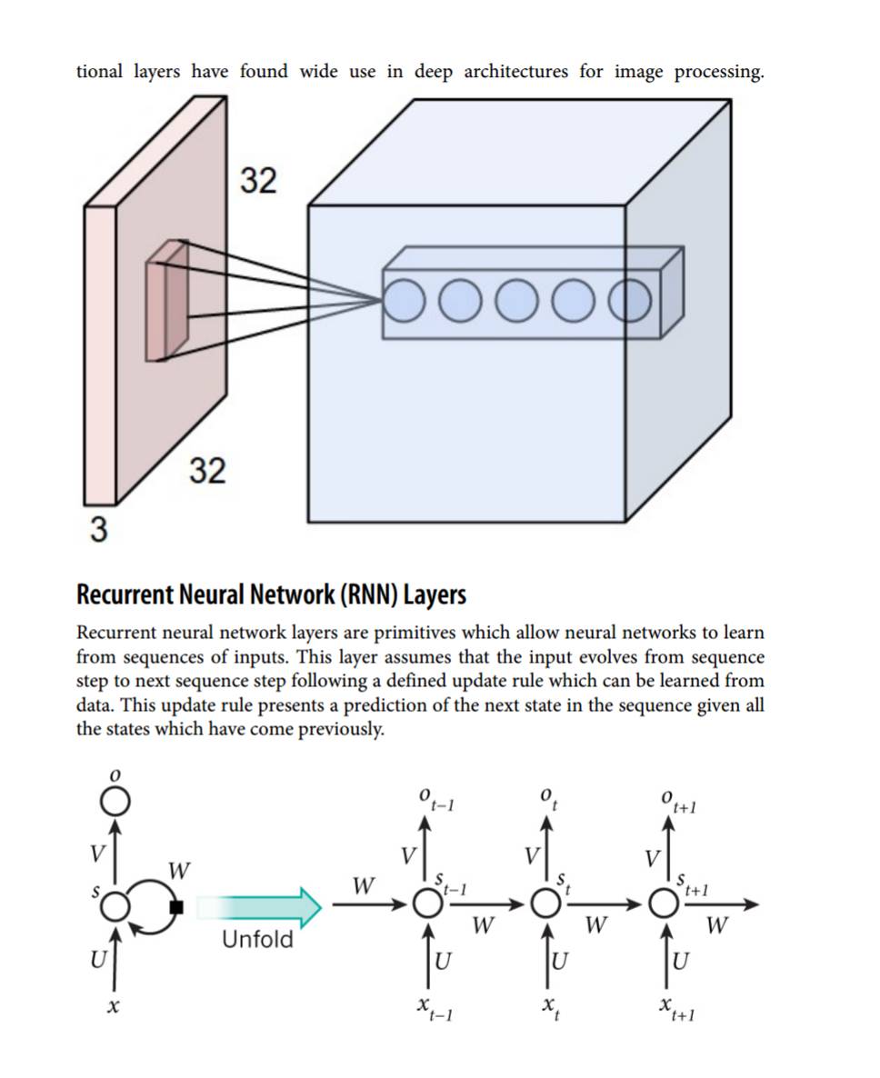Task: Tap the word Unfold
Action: pyautogui.click(x=257, y=939)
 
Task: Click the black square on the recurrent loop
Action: pyautogui.click(x=176, y=906)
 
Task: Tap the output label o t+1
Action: pyautogui.click(x=678, y=802)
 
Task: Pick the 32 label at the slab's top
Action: pyautogui.click(x=258, y=181)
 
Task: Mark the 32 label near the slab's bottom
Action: pyautogui.click(x=207, y=471)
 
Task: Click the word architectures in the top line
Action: pyautogui.click(x=516, y=72)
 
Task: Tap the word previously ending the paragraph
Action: pyautogui.click(x=341, y=729)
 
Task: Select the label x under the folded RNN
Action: pyautogui.click(x=115, y=1007)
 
